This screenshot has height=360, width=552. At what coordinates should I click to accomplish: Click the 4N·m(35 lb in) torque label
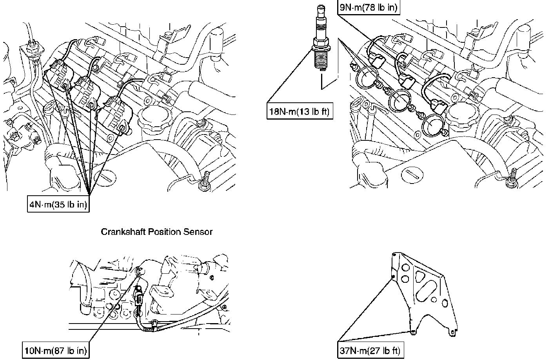tap(58, 204)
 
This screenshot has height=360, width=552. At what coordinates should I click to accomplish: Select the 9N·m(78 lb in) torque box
tap(369, 7)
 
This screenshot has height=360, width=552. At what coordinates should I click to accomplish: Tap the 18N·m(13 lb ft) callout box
tap(300, 111)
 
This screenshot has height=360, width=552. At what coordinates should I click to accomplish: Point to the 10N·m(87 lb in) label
tap(56, 350)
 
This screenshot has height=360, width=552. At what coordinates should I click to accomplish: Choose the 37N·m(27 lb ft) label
tap(370, 350)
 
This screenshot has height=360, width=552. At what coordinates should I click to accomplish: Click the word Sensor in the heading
tap(198, 232)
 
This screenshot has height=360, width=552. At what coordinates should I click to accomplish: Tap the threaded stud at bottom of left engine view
tap(205, 181)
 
